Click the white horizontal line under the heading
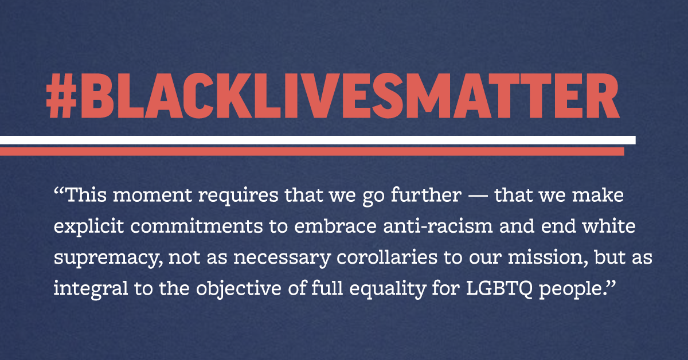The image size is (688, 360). (x=318, y=139)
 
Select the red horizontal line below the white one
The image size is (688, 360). (x=312, y=151)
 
